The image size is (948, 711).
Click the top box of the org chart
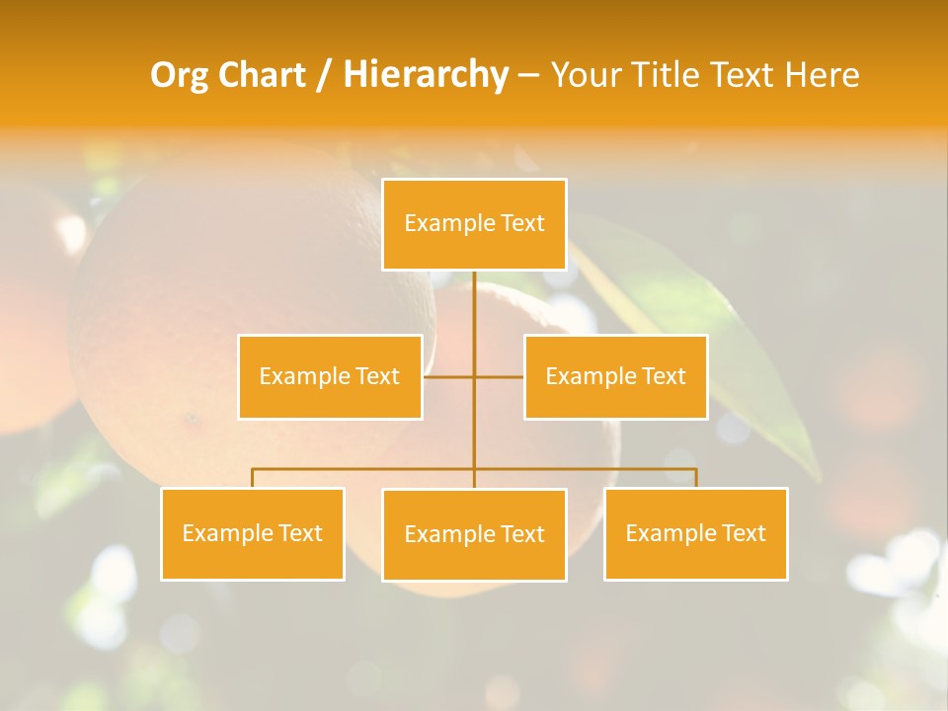474,224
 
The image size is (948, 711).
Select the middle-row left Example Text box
330,376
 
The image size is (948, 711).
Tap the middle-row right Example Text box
615,376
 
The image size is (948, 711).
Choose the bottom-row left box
253,533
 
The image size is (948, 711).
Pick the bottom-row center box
474,534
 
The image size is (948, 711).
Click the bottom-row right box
695,533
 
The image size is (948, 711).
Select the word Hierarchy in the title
425,75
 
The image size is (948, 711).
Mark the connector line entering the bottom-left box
253,478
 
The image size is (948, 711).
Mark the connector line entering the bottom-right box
695,478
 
